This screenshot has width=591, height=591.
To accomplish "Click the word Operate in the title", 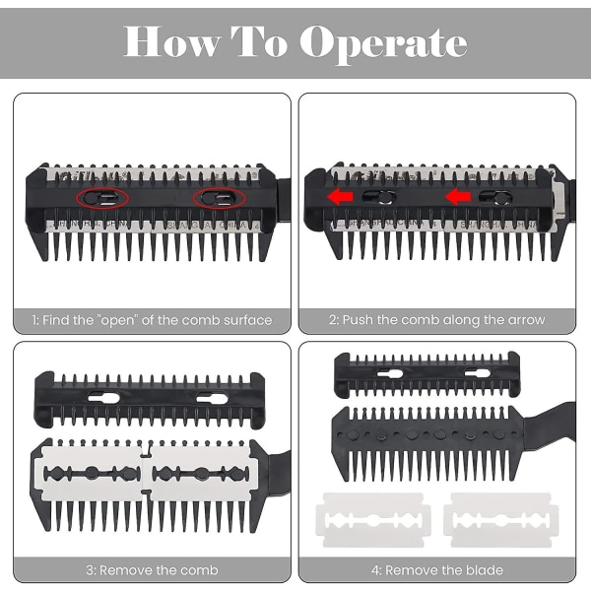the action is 383,44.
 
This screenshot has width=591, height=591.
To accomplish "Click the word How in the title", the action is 172,41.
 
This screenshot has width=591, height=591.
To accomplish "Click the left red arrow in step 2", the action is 340,196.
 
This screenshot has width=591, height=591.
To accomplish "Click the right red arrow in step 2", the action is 458,196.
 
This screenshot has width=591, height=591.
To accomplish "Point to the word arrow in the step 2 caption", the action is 526,320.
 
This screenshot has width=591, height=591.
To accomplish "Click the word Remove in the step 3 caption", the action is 125,570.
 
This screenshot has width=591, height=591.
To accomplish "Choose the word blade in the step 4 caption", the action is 485,570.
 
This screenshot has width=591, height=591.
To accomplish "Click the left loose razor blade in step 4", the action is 373,520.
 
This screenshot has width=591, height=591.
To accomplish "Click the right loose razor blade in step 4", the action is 501,520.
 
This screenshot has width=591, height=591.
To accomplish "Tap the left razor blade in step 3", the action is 91,474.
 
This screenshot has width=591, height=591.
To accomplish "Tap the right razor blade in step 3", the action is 202,474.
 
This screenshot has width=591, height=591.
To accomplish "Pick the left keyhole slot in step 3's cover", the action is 103,398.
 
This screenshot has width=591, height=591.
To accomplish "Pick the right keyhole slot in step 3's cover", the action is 212,398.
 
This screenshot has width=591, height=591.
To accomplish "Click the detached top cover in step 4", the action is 427,375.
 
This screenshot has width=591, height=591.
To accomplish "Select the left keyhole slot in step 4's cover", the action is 390,374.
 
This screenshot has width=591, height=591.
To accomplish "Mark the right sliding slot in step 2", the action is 494,197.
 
